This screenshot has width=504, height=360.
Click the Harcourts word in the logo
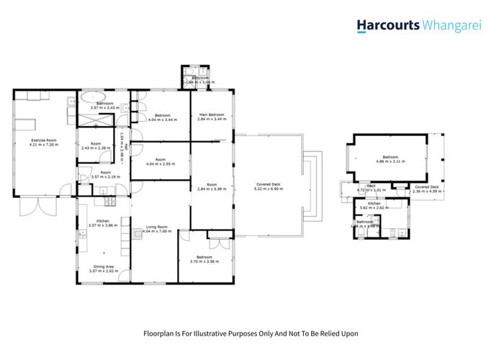[388, 25]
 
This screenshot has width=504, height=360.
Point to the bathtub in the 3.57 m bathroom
[91, 96]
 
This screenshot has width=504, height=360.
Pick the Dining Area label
[102, 267]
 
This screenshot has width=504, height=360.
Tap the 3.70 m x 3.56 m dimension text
[205, 261]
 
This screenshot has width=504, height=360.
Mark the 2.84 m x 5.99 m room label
[212, 186]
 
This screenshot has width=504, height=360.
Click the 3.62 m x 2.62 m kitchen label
[374, 205]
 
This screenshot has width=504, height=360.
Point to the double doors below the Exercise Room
[32, 207]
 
